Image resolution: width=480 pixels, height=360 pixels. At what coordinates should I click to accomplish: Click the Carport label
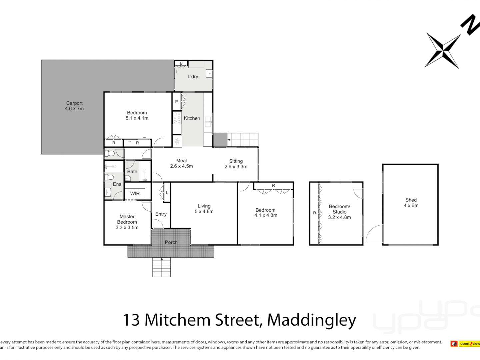tap(74, 103)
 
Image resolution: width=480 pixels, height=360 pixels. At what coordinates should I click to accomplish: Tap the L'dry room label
tap(193, 77)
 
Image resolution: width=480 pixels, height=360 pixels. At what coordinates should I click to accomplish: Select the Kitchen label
tap(192, 118)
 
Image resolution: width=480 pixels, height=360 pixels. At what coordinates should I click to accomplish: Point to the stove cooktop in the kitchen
tap(177, 118)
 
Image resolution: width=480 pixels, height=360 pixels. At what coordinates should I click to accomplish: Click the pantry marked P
tap(176, 102)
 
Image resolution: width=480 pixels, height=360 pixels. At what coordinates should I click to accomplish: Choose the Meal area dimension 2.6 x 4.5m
tap(181, 166)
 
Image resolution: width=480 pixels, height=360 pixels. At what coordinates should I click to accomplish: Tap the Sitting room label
tap(236, 161)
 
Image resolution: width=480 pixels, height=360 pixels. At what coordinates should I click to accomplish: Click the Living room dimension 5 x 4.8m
tap(204, 212)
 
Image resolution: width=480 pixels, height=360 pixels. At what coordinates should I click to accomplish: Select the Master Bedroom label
tap(127, 219)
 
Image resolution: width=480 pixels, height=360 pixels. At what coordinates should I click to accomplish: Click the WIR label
tap(135, 194)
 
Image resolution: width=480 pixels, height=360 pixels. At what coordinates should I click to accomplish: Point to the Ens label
tap(117, 184)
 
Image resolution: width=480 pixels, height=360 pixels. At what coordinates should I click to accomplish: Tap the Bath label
tap(132, 172)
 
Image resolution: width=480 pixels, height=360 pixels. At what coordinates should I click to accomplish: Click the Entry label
tap(161, 214)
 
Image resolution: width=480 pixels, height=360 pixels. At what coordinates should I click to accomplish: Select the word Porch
tap(171, 242)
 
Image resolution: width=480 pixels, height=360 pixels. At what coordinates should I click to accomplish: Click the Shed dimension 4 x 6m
tap(411, 206)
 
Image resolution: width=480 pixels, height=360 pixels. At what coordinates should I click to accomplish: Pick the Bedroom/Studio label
tap(339, 209)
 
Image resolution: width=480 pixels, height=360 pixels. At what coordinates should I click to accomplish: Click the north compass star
tap(443, 50)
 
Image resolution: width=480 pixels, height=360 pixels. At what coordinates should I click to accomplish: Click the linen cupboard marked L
tap(167, 193)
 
